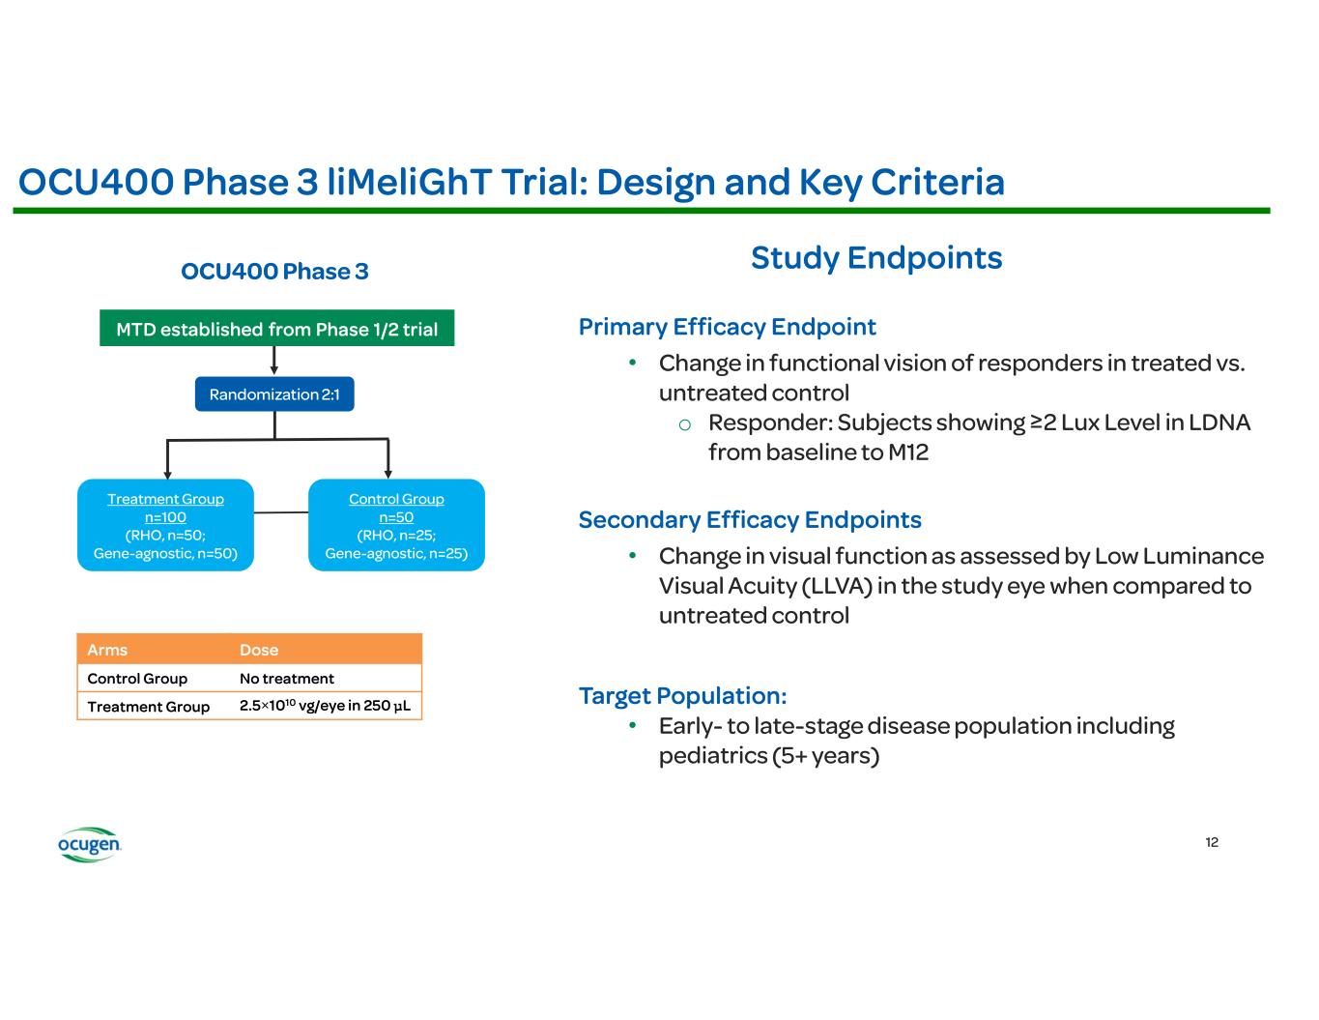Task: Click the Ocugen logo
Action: point(89,844)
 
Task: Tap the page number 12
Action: point(1212,842)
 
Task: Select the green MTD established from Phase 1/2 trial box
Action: point(276,329)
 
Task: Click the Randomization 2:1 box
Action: point(274,394)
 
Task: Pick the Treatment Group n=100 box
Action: point(165,525)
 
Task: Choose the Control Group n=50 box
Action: point(396,525)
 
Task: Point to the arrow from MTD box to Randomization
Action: point(274,361)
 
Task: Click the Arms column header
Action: point(107,650)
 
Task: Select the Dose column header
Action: point(259,650)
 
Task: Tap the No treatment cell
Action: point(287,679)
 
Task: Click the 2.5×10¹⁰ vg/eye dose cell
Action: point(325,706)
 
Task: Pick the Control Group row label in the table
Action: point(137,679)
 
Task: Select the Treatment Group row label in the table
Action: point(149,707)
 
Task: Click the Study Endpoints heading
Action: point(876,258)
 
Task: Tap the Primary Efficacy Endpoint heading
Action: point(727,327)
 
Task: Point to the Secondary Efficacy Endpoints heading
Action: point(750,520)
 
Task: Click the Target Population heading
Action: point(682,696)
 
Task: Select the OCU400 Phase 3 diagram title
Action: point(274,272)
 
